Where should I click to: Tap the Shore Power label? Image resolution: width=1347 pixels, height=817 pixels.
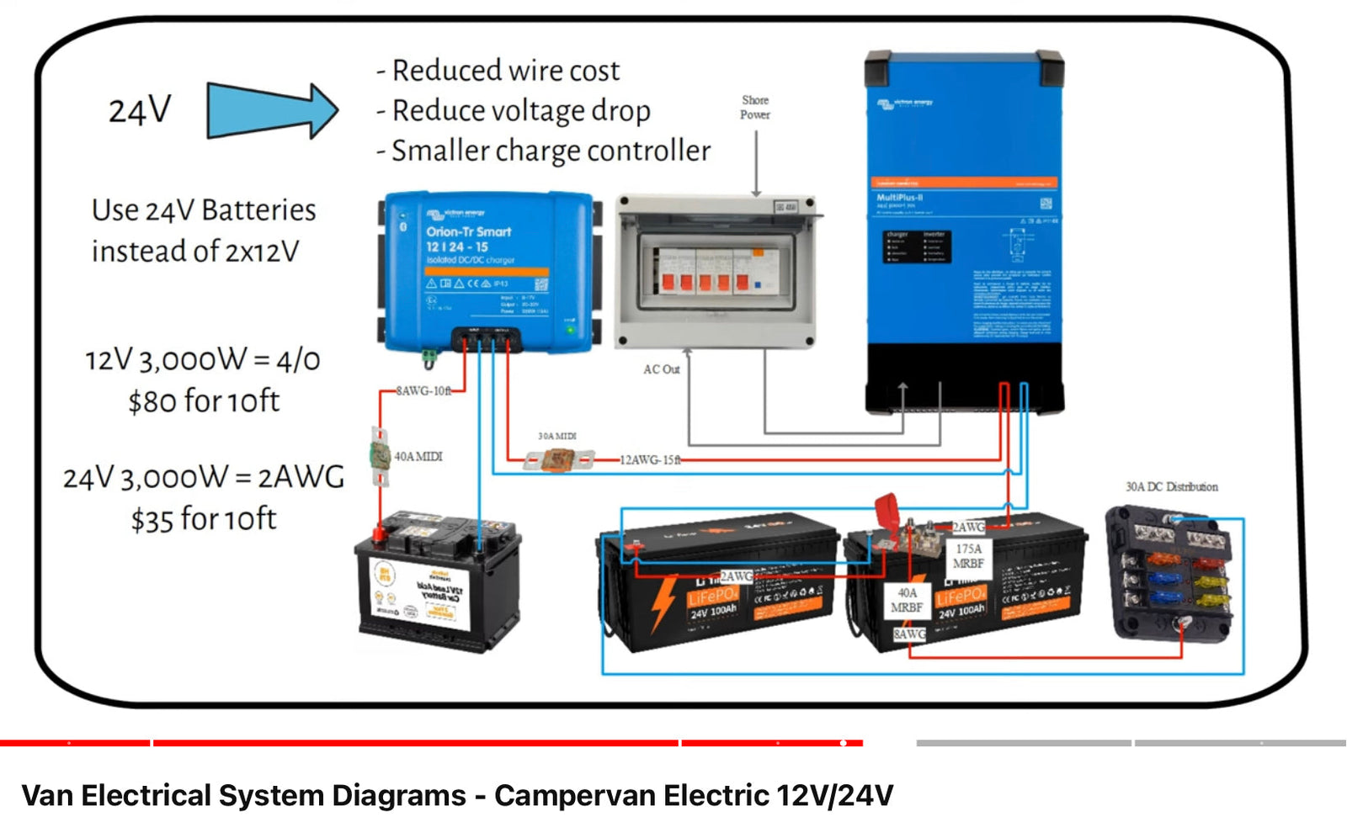pos(755,107)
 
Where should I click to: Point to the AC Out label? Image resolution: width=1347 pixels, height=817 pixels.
pos(661,369)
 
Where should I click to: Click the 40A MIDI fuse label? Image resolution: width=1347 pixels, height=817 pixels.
pos(418,457)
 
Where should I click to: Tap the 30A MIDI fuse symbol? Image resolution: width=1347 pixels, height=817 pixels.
pos(557,460)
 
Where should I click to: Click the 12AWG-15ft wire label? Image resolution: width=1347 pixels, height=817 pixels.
pos(651,460)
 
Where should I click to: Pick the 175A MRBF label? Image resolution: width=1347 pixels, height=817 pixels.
pos(968,556)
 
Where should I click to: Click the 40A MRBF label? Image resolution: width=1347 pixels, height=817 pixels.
pos(907,600)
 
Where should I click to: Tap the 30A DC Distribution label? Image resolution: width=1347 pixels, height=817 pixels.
pos(1171,487)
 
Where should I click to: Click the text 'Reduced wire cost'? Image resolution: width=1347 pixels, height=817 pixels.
pos(506,71)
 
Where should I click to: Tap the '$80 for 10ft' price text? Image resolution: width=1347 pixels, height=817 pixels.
pos(204,401)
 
